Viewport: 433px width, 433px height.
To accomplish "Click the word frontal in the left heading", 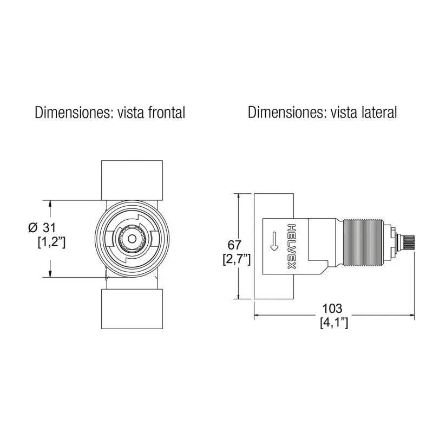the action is pos(167,113).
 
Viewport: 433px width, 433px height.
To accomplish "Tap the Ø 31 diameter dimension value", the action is pos(42,228).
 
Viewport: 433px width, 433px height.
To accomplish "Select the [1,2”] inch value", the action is pos(51,242).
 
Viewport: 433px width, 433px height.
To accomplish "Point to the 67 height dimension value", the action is pos(234,245).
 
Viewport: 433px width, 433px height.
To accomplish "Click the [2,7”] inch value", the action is pos(237,260).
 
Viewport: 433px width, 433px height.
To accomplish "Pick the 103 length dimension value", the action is pos(332,309).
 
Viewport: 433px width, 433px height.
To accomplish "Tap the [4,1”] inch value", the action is pos(334,323).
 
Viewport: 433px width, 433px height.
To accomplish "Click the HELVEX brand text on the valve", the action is pos(292,246).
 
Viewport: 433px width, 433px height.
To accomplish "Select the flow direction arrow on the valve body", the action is pos(274,241).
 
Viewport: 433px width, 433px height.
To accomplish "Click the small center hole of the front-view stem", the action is pos(132,239).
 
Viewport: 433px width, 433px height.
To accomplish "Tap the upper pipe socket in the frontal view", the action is pos(132,180).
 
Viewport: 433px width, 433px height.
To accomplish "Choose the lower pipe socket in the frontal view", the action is pos(132,309).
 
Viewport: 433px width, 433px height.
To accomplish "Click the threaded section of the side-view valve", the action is pos(363,243).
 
